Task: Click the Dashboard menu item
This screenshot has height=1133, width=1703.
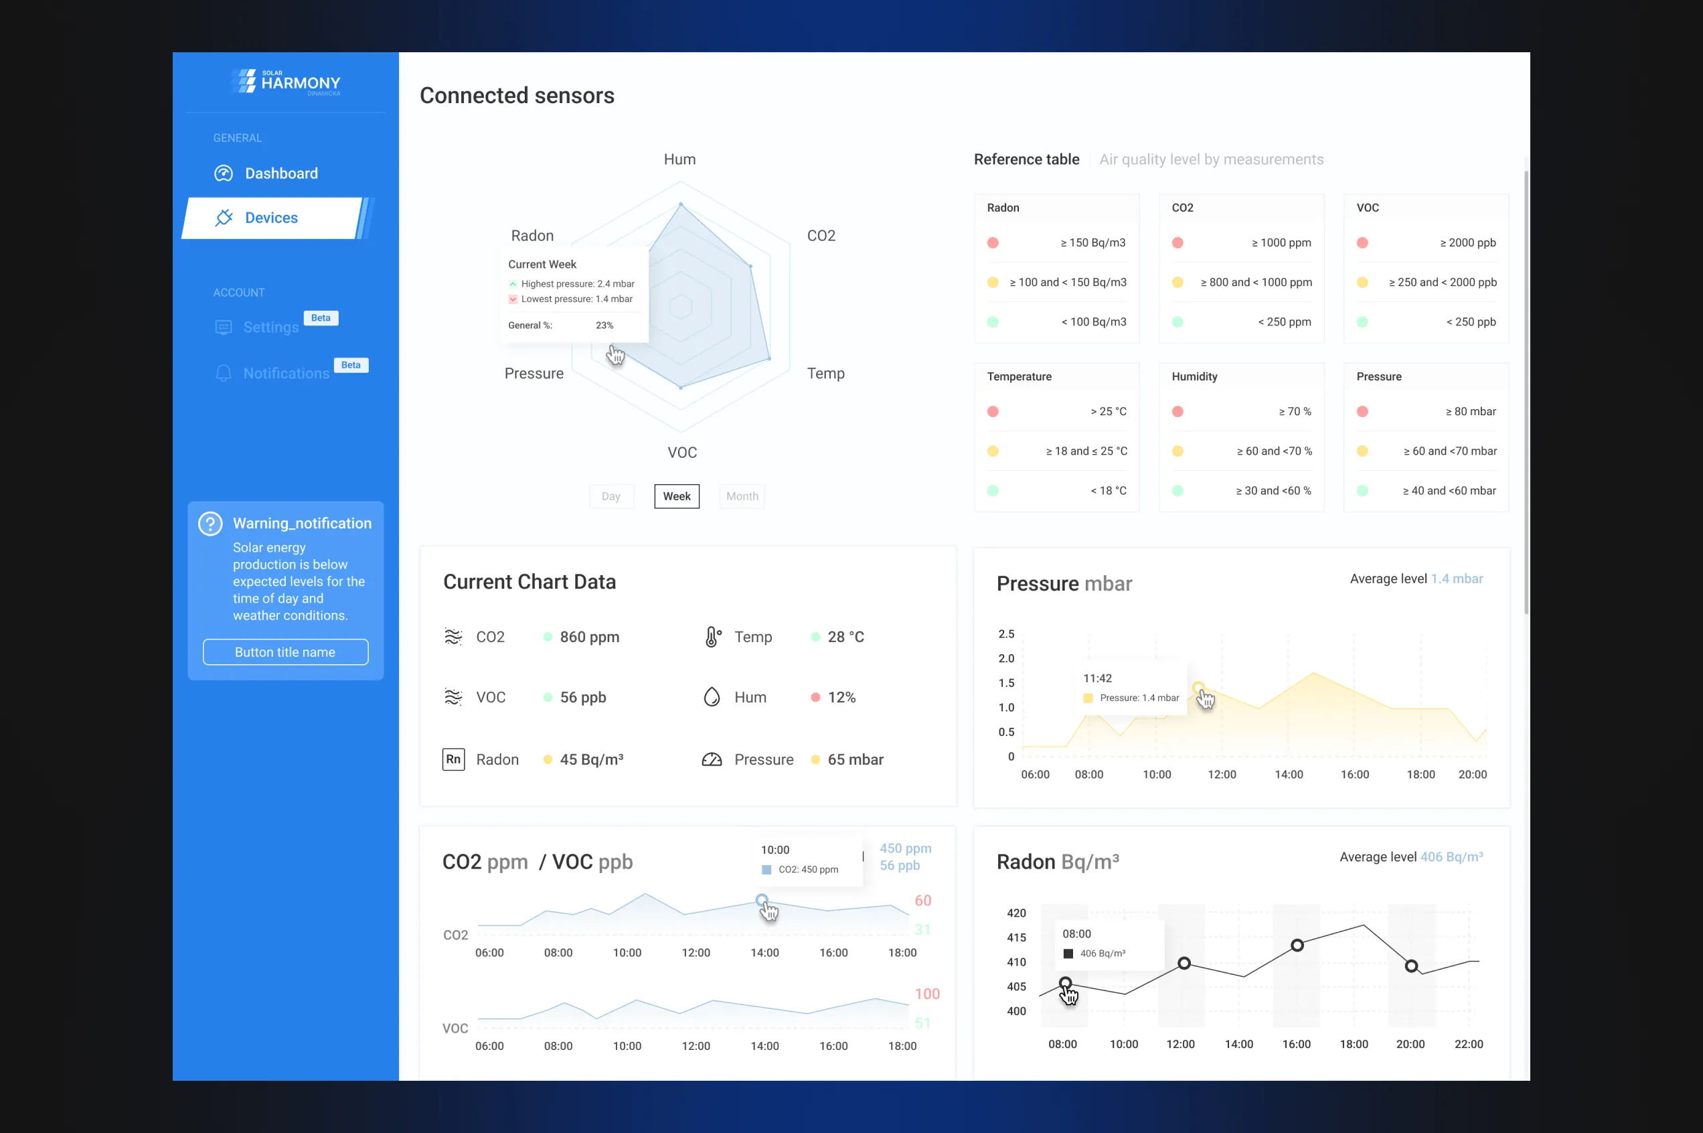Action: [x=280, y=173]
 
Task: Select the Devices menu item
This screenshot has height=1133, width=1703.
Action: [x=271, y=218]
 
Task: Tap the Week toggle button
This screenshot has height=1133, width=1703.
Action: [x=676, y=496]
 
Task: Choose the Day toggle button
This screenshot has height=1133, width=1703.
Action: [x=611, y=496]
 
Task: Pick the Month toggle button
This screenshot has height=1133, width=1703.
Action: [x=742, y=496]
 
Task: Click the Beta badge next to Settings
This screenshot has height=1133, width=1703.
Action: [x=321, y=318]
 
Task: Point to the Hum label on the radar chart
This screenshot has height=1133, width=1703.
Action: [x=679, y=159]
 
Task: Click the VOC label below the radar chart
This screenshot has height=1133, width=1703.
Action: [x=681, y=453]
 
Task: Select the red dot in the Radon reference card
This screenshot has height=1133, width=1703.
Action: [x=993, y=243]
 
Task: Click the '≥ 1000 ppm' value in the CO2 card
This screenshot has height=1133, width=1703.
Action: [x=1281, y=243]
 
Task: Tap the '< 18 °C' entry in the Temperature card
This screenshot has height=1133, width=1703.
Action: [x=1108, y=491]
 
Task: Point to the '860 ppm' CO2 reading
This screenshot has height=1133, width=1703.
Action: [x=589, y=637]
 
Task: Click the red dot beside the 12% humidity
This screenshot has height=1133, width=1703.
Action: [x=815, y=697]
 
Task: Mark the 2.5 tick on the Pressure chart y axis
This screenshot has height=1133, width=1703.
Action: [x=1006, y=633]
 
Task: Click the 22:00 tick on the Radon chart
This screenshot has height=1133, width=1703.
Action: [x=1468, y=1044]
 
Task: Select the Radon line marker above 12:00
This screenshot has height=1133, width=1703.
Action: [x=1184, y=963]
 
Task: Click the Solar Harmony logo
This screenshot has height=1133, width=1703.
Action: [x=286, y=82]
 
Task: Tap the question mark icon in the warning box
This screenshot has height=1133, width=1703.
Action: [x=210, y=524]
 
